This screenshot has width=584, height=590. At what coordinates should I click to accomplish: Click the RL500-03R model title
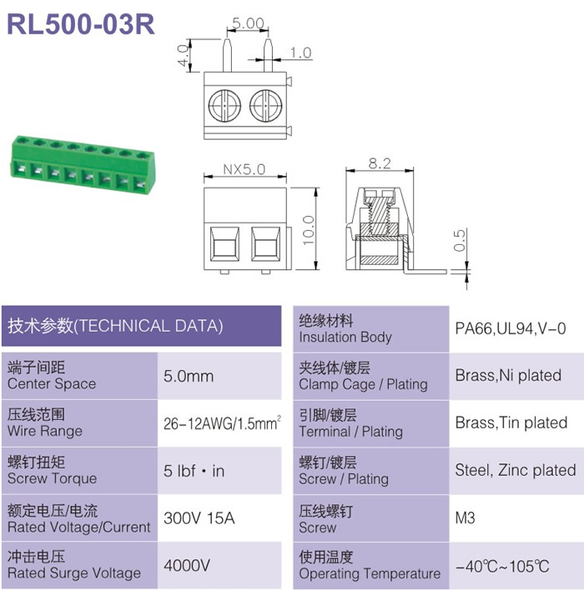pyautogui.click(x=81, y=24)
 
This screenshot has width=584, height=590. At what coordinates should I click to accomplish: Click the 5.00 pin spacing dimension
pyautogui.click(x=248, y=23)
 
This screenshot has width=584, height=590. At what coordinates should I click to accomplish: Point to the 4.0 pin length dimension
pyautogui.click(x=183, y=55)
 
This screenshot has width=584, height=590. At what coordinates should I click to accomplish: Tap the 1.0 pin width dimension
pyautogui.click(x=300, y=52)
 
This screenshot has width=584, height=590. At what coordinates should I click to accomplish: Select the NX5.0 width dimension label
pyautogui.click(x=244, y=169)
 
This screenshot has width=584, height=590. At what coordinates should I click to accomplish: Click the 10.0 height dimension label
pyautogui.click(x=308, y=230)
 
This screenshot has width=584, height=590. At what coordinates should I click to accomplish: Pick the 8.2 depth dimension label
pyautogui.click(x=380, y=163)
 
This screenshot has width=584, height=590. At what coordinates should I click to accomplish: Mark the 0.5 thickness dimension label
pyautogui.click(x=460, y=241)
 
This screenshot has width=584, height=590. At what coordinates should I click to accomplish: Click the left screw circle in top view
pyautogui.click(x=224, y=106)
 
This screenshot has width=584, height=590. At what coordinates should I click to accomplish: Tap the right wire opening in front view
pyautogui.click(x=265, y=244)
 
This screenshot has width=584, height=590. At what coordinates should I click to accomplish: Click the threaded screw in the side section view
pyautogui.click(x=380, y=212)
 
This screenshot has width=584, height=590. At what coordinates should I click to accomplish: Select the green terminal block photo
pyautogui.click(x=83, y=164)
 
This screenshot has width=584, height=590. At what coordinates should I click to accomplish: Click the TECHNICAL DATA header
pyautogui.click(x=115, y=326)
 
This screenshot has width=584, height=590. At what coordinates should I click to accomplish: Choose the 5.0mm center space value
pyautogui.click(x=189, y=376)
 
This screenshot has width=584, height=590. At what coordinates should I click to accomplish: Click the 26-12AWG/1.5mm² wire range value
pyautogui.click(x=222, y=423)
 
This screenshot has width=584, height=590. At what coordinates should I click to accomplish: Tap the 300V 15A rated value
pyautogui.click(x=199, y=518)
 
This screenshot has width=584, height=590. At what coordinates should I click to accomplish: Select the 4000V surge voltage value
pyautogui.click(x=187, y=565)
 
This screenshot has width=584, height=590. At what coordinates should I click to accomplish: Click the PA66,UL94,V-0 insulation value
pyautogui.click(x=511, y=328)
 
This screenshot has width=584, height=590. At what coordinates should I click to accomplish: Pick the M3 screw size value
pyautogui.click(x=465, y=518)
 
